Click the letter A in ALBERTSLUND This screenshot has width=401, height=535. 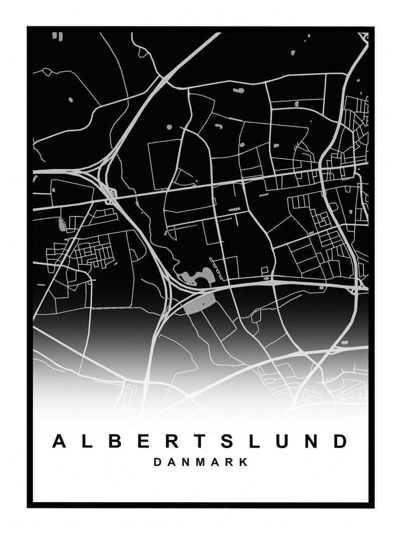[x=60, y=441]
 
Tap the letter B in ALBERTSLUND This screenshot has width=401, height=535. [x=115, y=441]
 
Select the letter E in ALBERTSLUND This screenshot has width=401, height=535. [x=143, y=441]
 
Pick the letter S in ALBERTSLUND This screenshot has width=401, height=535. [x=228, y=441]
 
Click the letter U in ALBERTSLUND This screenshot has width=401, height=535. [x=284, y=441]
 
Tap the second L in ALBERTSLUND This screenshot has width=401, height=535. [x=256, y=441]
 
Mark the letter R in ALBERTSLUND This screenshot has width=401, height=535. [x=172, y=441]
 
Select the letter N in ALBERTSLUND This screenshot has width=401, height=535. [x=312, y=441]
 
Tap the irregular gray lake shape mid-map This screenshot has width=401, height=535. [x=193, y=277]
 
